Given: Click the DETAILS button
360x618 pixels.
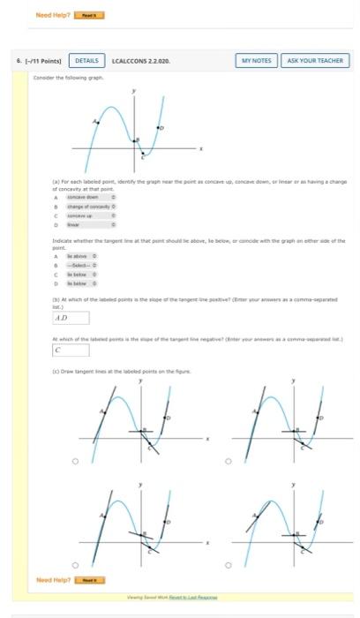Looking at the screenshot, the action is click(x=86, y=60).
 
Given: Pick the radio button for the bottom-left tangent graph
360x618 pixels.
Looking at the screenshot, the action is click(x=75, y=565).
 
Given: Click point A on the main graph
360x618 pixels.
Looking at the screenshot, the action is click(x=97, y=124).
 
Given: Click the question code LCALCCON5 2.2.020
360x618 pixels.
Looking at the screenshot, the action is click(x=141, y=60).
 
